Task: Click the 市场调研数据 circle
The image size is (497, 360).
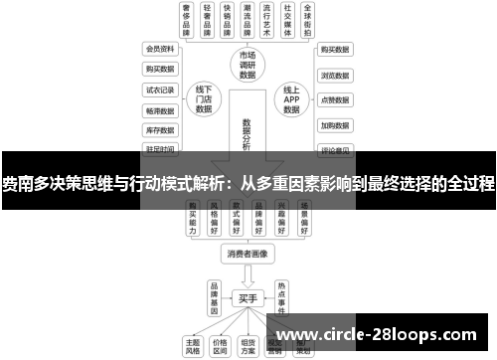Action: click(248, 65)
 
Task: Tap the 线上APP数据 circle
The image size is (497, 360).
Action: click(291, 97)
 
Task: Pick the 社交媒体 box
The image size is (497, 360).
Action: click(288, 20)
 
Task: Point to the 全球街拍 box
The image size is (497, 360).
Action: click(313, 20)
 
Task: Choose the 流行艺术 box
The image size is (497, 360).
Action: click(263, 20)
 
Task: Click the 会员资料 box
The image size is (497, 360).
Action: click(160, 49)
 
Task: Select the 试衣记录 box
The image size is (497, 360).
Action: click(160, 90)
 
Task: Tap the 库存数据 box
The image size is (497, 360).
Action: click(160, 129)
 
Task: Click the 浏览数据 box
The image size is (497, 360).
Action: click(335, 75)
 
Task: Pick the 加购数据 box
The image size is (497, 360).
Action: click(335, 126)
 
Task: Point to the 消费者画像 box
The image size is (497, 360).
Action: click(248, 253)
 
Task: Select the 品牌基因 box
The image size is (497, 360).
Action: click(213, 295)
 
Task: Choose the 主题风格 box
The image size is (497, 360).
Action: click(193, 345)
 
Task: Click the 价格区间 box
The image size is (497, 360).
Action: click(221, 345)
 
